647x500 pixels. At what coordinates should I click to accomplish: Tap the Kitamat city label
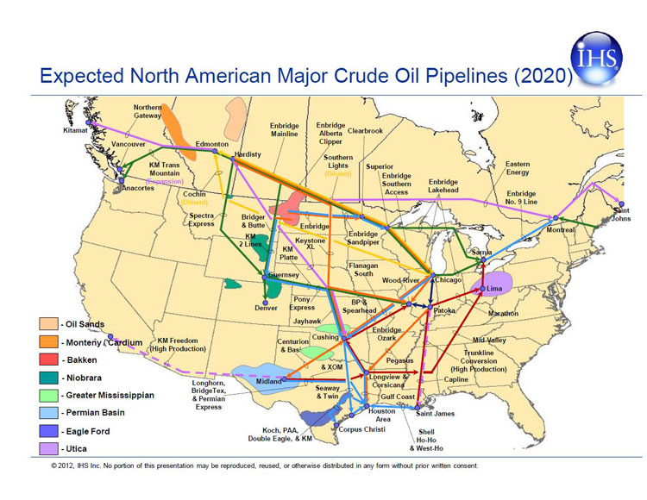pos(76,130)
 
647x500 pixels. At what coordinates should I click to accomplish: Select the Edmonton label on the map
pos(211,144)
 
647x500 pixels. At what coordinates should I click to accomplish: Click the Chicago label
pos(448,279)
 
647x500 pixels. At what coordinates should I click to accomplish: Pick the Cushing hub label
pos(325,337)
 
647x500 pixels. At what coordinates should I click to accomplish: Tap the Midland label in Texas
pos(269,381)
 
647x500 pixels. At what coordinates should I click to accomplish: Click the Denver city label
pos(267,308)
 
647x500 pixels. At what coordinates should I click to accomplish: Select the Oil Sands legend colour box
pos(47,324)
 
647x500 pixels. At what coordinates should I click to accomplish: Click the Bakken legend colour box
pos(47,359)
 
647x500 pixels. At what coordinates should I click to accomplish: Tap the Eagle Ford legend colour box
pos(47,431)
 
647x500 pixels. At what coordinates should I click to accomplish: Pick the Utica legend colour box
pos(47,449)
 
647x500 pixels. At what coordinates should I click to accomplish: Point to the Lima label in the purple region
pos(494,287)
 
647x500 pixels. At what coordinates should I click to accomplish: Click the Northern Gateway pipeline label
pos(148,111)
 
